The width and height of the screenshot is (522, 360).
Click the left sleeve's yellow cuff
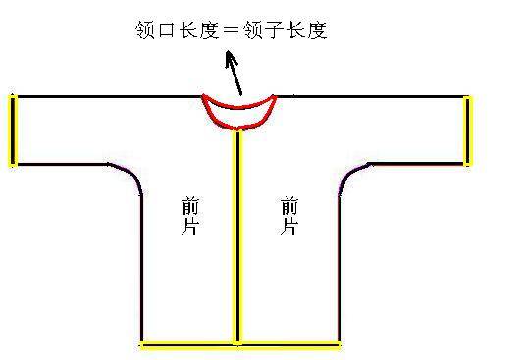(x=13, y=130)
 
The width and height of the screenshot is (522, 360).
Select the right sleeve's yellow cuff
(x=467, y=130)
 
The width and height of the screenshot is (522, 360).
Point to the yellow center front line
(x=237, y=237)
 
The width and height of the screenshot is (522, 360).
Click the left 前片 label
(x=190, y=217)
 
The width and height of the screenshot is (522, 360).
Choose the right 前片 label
(x=289, y=217)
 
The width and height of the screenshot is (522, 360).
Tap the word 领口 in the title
(x=155, y=30)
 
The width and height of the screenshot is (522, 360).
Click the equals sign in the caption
(x=231, y=30)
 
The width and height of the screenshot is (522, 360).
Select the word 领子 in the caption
(x=264, y=30)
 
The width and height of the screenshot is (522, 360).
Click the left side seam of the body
(x=142, y=268)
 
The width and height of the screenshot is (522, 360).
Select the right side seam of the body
(x=339, y=269)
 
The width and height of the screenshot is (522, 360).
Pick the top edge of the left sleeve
(x=109, y=97)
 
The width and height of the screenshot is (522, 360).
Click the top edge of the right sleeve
(x=370, y=97)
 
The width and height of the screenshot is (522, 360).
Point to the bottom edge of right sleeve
(x=417, y=164)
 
